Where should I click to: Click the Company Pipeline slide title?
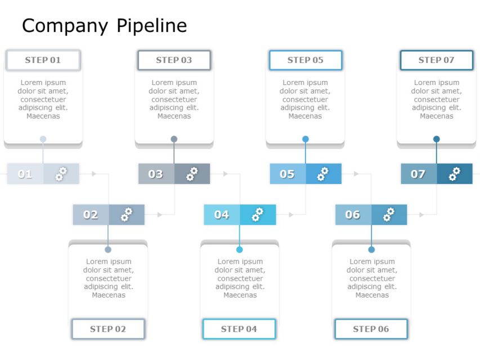(x=104, y=26)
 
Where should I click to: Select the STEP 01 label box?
(x=43, y=60)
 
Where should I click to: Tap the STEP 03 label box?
(x=174, y=60)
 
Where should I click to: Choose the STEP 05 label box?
(x=306, y=60)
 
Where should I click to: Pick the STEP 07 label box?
(x=437, y=60)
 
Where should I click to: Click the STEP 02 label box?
(x=108, y=329)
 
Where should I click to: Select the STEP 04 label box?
(x=239, y=329)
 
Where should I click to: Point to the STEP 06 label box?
(x=371, y=329)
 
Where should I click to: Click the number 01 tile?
(x=25, y=174)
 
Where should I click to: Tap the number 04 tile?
(x=222, y=215)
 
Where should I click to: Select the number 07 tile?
(x=418, y=174)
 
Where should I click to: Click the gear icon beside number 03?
(x=192, y=174)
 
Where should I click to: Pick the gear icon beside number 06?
(x=389, y=215)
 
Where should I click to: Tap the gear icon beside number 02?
(x=127, y=215)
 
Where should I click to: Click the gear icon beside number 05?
(x=323, y=174)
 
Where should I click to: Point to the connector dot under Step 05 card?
(x=306, y=139)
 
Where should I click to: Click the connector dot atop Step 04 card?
(x=240, y=249)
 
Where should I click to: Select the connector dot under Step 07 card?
(x=437, y=139)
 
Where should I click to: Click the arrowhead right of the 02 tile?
(x=160, y=215)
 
